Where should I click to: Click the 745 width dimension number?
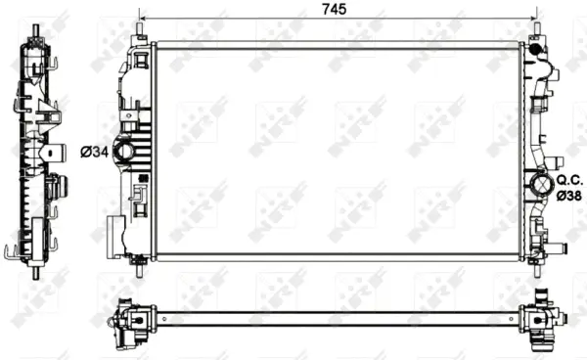[338, 10]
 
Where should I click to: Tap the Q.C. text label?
[569, 180]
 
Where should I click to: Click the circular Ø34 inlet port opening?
[127, 152]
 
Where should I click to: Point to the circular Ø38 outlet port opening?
[539, 185]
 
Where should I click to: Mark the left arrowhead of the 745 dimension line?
[143, 20]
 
